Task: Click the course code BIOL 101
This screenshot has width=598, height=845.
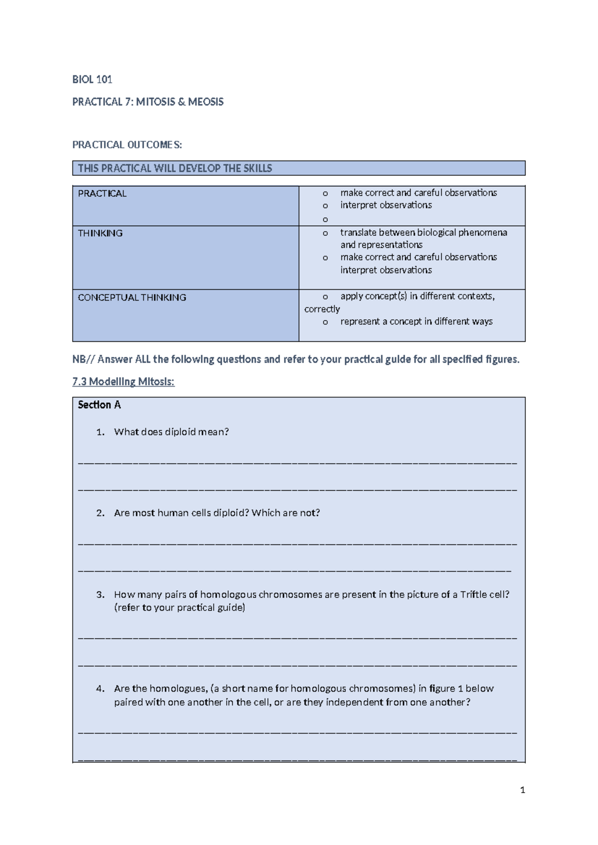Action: coord(92,79)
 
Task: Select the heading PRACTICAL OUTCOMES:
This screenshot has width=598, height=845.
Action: coord(127,145)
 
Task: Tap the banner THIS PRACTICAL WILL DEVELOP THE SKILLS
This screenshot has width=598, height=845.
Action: coord(175,168)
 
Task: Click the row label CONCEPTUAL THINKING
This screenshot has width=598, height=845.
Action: coord(132,297)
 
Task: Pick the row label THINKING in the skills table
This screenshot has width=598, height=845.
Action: coord(100,233)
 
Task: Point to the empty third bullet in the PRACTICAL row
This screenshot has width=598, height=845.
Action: coord(325,219)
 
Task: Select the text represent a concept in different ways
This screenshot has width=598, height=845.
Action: coord(416,322)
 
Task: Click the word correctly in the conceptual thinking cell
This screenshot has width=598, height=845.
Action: coord(322,309)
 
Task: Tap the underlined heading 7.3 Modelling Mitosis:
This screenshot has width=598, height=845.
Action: coord(123,382)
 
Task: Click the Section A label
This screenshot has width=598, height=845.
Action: coord(99,405)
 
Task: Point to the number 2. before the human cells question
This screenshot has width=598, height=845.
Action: coord(101,513)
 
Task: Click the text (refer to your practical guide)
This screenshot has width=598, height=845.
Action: coord(179,608)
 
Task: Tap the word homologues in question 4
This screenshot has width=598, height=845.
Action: coord(178,689)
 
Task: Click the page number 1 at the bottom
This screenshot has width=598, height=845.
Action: coord(522,790)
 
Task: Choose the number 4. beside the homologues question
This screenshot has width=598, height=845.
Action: coord(101,689)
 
